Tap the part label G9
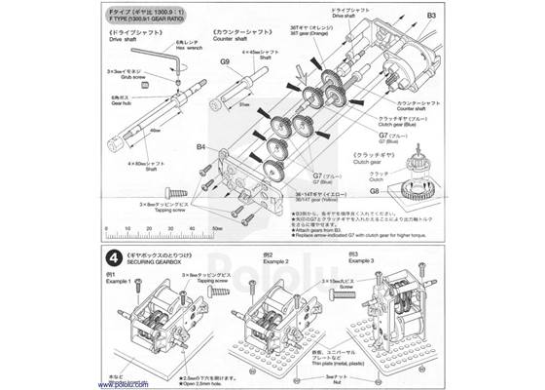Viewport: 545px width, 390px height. tap(224, 61)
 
